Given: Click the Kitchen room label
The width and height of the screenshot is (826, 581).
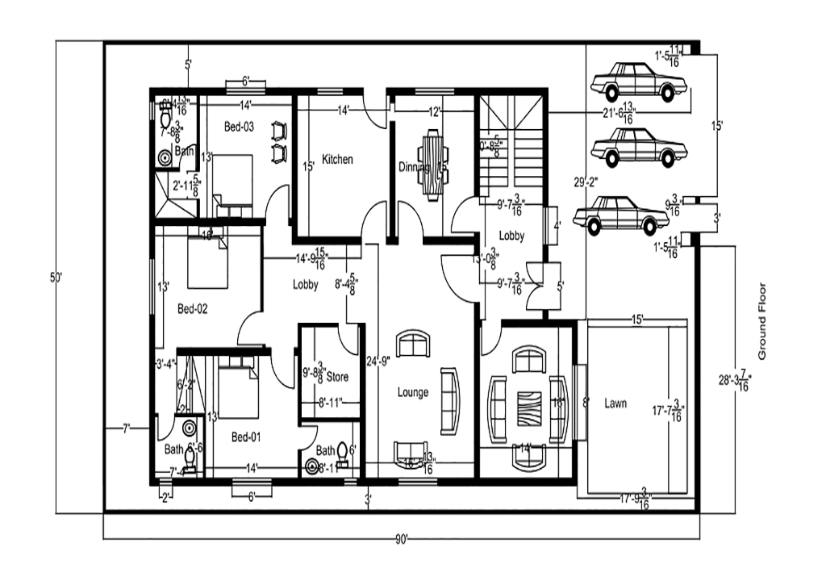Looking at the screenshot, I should click(337, 160).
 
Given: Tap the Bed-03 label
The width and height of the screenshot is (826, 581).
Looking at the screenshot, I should click(239, 127).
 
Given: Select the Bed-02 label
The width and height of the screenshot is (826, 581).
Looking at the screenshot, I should click(194, 309).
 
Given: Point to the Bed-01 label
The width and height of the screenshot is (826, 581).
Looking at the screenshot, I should click(247, 437).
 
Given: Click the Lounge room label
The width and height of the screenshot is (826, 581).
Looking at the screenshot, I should click(413, 393).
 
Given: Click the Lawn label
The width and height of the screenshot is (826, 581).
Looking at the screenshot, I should click(615, 403).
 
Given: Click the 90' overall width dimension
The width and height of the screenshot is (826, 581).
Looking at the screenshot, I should click(402, 538).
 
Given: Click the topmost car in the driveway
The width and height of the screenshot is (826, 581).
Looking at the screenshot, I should click(639, 82).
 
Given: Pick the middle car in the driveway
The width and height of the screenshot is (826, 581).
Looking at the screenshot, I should click(639, 148).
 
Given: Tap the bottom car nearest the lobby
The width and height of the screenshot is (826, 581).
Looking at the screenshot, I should click(621, 215).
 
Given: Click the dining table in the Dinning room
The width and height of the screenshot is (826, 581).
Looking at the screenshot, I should click(433, 165).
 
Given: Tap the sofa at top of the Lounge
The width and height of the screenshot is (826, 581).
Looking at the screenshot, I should click(413, 344).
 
